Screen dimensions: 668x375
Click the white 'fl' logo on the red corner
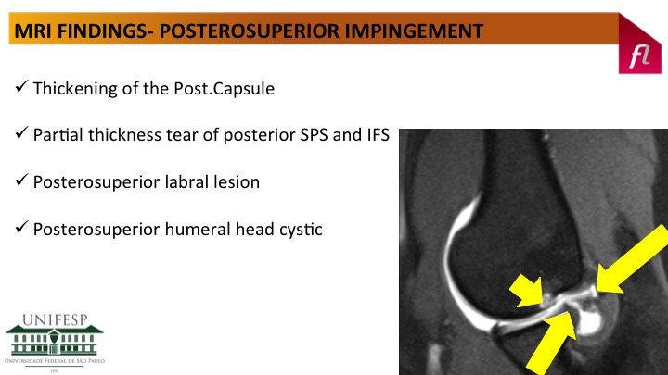[640, 56]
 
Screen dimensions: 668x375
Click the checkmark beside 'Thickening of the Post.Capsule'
[21, 86]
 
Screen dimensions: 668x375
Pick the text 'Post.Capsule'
[225, 89]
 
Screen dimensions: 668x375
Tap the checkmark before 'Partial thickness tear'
[21, 132]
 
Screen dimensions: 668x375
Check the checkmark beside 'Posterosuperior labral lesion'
[21, 180]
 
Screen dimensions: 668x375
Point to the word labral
[187, 182]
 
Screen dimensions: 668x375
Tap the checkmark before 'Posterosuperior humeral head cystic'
[21, 227]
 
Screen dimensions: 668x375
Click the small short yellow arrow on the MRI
[527, 291]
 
